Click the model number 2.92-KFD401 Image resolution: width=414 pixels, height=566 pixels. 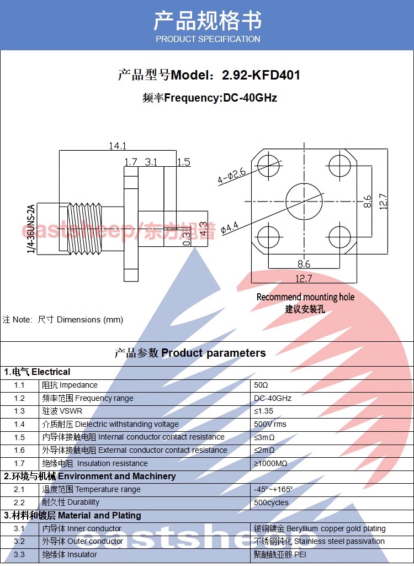point(261,75)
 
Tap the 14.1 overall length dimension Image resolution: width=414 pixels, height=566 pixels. point(117,146)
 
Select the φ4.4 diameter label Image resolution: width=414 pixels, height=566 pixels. point(229,227)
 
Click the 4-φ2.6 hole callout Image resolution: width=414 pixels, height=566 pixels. point(231,177)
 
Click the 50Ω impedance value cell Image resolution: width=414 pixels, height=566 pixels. point(261,385)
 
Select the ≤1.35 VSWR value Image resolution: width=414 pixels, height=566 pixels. point(264,411)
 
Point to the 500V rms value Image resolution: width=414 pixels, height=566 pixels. point(270,424)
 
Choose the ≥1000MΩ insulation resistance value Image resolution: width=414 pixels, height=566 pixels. point(270,463)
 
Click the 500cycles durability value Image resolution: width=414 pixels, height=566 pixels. point(271,502)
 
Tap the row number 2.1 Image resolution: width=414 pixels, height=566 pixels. point(19,489)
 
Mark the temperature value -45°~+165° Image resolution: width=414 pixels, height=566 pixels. point(273,489)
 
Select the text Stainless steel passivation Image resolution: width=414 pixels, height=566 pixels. point(339,541)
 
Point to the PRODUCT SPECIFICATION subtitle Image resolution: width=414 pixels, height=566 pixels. point(208,39)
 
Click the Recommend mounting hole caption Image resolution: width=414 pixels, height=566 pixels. point(305,297)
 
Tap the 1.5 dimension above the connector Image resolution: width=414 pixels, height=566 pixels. point(183,162)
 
